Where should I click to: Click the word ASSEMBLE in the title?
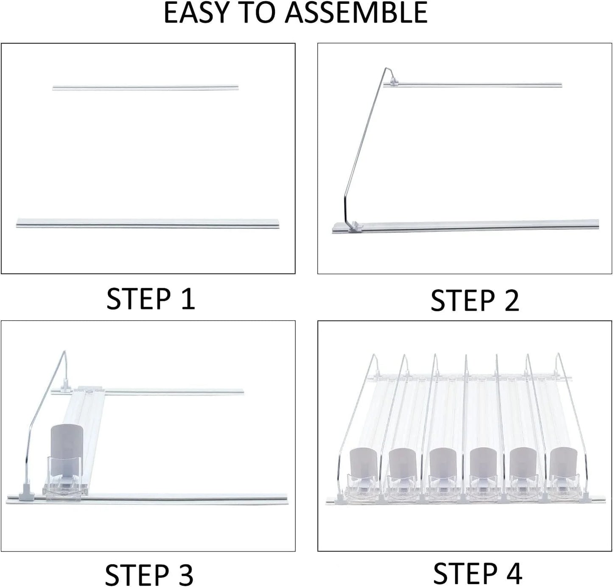coord(356,13)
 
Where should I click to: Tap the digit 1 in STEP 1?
coord(187,299)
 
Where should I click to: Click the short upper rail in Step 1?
coord(145,88)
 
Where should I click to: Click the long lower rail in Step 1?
coord(148,223)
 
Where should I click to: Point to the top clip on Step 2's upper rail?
coord(394,79)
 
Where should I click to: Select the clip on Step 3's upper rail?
coord(66,385)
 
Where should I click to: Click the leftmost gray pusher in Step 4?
coord(363,465)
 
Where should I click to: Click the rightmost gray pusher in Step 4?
coord(564,465)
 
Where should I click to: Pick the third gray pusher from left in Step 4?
coord(443,465)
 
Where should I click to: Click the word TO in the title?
coord(259,13)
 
